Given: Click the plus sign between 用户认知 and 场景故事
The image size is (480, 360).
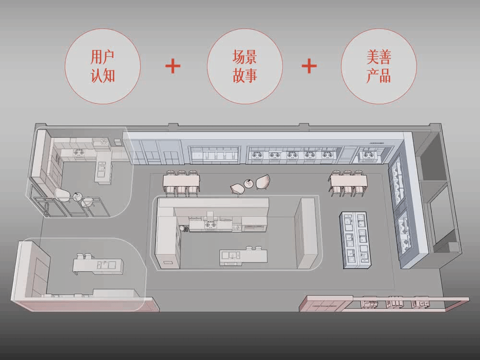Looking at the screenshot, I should (x=173, y=65).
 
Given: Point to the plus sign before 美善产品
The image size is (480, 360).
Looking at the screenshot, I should (x=310, y=65).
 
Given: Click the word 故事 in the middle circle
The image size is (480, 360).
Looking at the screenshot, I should (x=245, y=76).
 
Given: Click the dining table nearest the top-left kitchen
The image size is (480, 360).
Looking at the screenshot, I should (x=181, y=180).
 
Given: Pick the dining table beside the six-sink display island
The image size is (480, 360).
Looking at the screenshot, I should (x=348, y=180).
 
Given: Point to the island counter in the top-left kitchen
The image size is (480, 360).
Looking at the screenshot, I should (x=102, y=170).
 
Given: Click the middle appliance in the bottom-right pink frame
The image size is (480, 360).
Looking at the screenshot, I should (x=395, y=303).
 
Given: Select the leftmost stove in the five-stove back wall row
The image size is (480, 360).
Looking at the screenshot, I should (x=256, y=155).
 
